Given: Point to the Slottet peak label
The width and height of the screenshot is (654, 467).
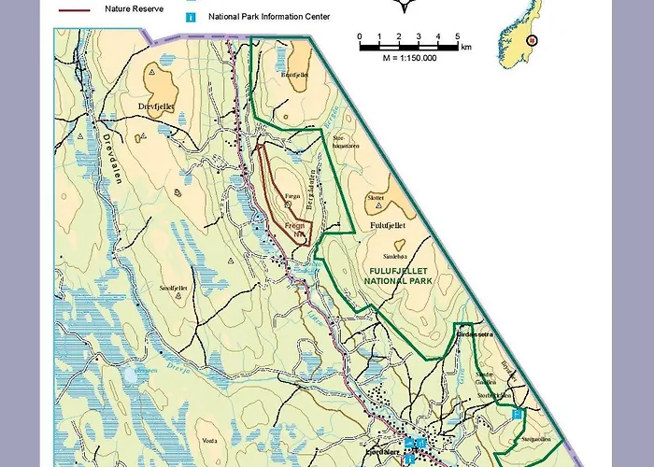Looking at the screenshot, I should [x=376, y=198].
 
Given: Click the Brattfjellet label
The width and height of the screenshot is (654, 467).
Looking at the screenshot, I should [x=293, y=73].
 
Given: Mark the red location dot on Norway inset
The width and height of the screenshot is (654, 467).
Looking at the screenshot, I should [x=532, y=40].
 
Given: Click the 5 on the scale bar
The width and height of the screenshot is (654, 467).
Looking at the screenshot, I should [x=458, y=35].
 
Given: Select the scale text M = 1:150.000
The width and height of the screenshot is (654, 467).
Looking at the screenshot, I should [x=408, y=58].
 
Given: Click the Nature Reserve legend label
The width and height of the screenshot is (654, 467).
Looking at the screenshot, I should [x=134, y=7].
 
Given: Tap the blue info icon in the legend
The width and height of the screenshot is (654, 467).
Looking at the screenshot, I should [x=191, y=16].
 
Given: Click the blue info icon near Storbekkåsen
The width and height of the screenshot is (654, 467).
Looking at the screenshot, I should [x=516, y=412].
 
